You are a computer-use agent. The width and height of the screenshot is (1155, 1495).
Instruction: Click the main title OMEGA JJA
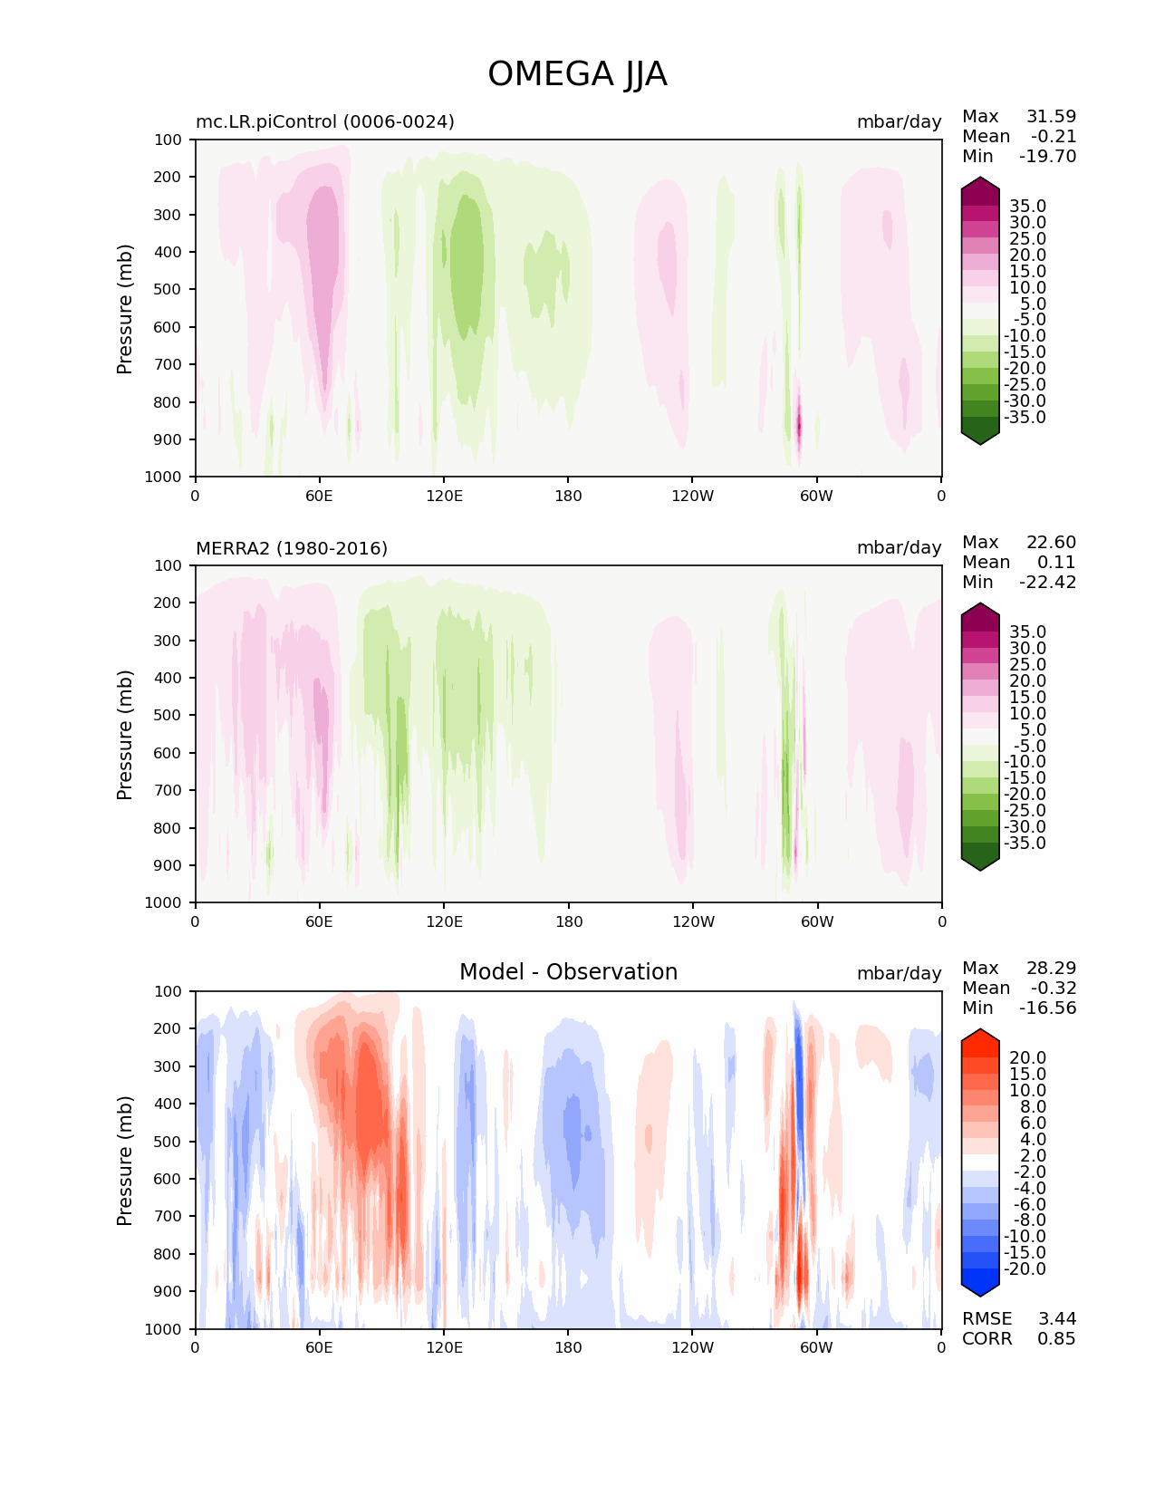tap(577, 74)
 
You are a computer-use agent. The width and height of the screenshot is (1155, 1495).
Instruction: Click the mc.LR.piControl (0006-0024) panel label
tap(325, 121)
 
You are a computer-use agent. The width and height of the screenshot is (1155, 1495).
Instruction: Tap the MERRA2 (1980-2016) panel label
tap(292, 548)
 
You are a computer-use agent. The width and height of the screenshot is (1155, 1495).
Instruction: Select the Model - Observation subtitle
tap(568, 972)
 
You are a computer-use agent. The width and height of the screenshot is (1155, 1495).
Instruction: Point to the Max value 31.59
tap(1051, 116)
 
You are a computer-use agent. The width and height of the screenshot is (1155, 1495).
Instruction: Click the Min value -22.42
tap(1047, 582)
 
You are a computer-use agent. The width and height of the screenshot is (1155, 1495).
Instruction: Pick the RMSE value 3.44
tap(1056, 1318)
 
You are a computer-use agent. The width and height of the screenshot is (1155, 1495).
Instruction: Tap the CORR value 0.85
tap(1056, 1338)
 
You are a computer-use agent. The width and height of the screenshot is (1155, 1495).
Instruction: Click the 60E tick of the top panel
tap(319, 496)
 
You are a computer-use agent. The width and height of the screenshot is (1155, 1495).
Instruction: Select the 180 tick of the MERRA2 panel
tap(568, 921)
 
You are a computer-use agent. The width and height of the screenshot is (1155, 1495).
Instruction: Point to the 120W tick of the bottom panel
tap(692, 1347)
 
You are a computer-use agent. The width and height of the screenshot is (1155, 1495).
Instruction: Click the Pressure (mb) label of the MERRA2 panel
tap(125, 734)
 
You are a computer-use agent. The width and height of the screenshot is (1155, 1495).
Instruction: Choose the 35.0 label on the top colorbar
tap(1027, 207)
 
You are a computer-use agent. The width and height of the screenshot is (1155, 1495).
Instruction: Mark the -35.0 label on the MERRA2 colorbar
tap(1025, 843)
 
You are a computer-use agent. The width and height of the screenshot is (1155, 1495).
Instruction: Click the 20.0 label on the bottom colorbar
tap(1027, 1058)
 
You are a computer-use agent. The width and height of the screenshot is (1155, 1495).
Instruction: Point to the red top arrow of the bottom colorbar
tap(980, 1038)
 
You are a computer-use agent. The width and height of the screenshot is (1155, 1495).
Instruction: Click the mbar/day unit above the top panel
tap(899, 121)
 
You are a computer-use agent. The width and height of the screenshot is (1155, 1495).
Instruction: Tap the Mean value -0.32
tap(1054, 988)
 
